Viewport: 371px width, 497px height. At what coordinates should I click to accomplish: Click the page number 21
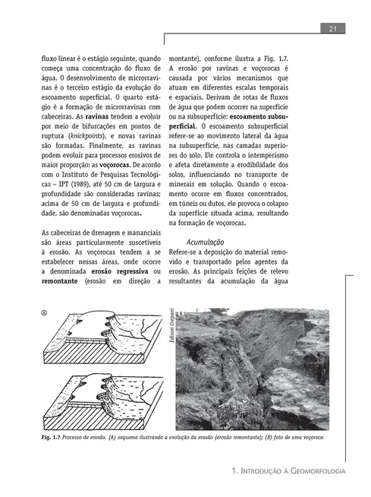click(x=333, y=29)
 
